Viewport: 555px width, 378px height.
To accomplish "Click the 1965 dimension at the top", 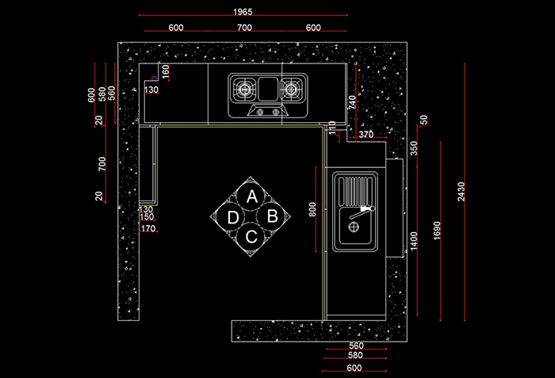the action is point(243,12).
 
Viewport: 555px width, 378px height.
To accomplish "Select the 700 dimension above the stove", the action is point(244,28).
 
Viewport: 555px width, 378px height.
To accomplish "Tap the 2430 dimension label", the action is point(461,192).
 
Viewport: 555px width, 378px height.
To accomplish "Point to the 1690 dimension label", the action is point(437,231).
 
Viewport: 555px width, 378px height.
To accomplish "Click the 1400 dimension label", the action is point(414,241).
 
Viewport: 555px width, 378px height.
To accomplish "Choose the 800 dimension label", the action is point(312,209).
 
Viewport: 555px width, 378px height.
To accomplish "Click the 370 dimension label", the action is point(366,135).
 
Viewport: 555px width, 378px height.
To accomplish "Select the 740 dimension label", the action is point(352,102).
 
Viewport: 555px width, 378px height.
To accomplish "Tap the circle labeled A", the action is point(251,197).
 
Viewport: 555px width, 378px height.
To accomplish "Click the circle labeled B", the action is point(271,216).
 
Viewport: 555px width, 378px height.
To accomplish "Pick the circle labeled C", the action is point(251,236).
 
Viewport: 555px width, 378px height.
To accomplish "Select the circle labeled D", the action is point(232,217).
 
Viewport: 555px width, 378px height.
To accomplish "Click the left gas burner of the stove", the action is point(244,89).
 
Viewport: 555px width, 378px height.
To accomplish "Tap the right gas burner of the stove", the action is point(291,89).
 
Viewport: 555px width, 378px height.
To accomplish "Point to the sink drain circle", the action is point(354,227).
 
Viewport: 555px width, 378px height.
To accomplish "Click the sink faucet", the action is point(362,212).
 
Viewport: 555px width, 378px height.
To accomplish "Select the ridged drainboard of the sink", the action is point(356,191).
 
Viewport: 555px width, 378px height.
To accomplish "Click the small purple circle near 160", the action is point(154,78).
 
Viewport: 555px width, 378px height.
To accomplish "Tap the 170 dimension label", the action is point(148,229).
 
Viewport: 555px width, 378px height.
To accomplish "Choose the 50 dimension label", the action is point(423,120).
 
